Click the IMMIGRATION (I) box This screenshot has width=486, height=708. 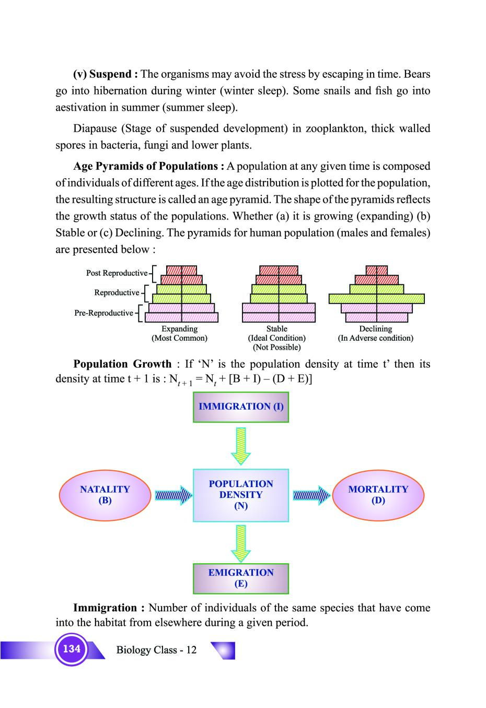coord(241,407)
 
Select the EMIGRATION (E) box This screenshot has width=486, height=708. coord(241,578)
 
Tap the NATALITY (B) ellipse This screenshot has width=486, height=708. coord(105,495)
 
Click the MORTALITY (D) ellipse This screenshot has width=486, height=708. coord(378,495)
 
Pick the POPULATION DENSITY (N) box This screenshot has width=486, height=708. coord(241,495)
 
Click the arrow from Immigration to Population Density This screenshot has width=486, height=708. coord(241,446)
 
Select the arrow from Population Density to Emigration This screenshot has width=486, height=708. coord(241,543)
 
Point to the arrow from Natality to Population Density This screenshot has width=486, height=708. coord(173,495)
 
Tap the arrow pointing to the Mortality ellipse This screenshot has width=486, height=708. coord(311,495)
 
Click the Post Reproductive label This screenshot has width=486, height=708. coord(117,273)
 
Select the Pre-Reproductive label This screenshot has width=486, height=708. coord(103,313)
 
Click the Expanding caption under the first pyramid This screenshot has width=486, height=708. coord(179,329)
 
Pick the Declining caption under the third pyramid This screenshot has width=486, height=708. coord(375,329)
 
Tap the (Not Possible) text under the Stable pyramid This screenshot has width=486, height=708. coord(276,347)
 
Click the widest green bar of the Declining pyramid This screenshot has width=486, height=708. coord(376,298)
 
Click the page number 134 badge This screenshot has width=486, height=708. coord(72,649)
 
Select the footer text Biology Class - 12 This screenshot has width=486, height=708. coord(156,650)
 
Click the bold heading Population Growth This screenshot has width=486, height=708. coord(122,364)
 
